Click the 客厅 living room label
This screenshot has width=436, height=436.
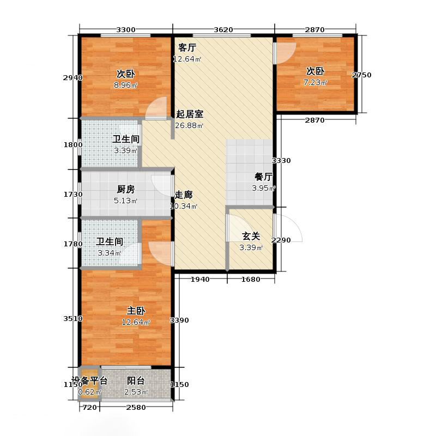coord(187,48)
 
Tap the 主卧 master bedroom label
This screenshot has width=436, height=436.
coord(136,311)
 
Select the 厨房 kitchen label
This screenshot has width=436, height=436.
coord(126,189)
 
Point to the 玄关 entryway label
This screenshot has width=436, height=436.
coord(251,237)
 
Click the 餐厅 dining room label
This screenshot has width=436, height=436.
coord(264,177)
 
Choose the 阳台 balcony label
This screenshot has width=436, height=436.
coord(136,380)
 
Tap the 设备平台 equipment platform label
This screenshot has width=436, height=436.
coord(89,380)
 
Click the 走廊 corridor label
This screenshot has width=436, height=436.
coord(184,195)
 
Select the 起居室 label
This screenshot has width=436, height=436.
coord(190,114)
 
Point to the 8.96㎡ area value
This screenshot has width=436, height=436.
coord(126,85)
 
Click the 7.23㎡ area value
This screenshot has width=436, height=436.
coord(316,83)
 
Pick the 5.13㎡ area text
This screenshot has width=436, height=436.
coord(126,201)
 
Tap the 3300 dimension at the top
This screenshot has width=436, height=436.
coord(126,30)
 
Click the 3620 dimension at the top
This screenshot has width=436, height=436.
coord(223,30)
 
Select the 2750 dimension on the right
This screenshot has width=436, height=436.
coord(361,75)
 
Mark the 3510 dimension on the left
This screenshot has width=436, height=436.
coord(73,319)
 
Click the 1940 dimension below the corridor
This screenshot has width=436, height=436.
coord(200,280)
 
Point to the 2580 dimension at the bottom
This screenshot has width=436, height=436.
coord(136,408)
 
